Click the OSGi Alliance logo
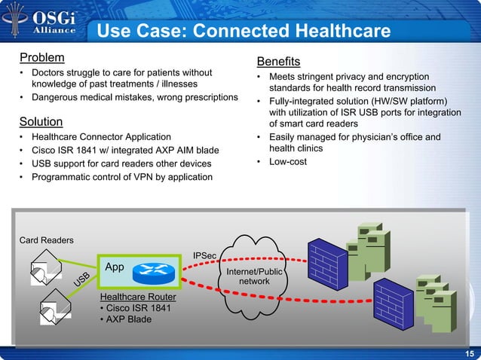42,22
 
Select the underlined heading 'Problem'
41,57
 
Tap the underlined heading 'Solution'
41,121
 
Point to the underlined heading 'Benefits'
278,61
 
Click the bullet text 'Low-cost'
287,162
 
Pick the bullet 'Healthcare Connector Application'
100,137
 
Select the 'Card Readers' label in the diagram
46,240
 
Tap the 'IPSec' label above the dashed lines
207,256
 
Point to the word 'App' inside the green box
115,267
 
